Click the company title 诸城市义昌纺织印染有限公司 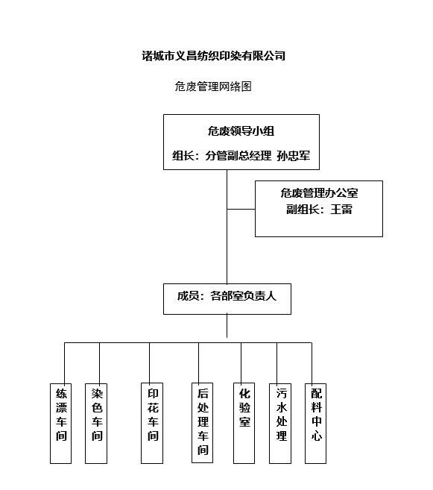click(x=214, y=56)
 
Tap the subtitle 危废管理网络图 click(x=213, y=87)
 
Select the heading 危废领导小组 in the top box click(x=241, y=131)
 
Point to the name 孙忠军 click(x=294, y=156)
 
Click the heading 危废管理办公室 click(x=319, y=193)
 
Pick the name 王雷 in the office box click(x=341, y=210)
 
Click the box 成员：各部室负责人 click(x=227, y=299)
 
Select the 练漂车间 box click(x=61, y=424)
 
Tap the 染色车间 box click(x=96, y=424)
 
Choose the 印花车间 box click(x=152, y=423)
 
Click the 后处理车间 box click(x=202, y=423)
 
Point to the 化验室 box click(x=244, y=423)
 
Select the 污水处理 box click(x=280, y=424)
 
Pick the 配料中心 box click(x=315, y=424)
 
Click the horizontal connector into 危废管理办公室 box click(x=241, y=209)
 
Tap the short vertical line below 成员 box click(x=227, y=326)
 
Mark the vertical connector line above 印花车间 click(x=150, y=362)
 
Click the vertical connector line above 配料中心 click(x=312, y=363)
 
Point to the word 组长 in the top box click(x=183, y=156)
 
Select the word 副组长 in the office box click(x=303, y=210)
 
